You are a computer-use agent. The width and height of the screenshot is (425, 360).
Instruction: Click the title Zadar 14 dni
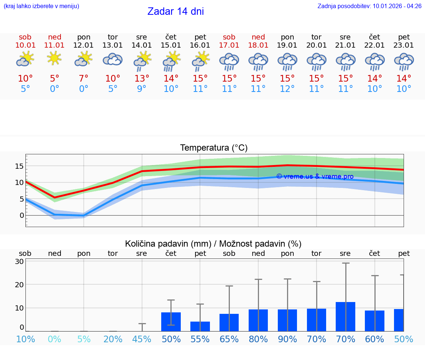[176, 11]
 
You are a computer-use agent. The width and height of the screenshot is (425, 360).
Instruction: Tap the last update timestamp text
[369, 6]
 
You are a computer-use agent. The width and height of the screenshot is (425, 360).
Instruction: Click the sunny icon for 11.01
[54, 58]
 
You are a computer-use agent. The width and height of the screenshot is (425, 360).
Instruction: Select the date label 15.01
[171, 45]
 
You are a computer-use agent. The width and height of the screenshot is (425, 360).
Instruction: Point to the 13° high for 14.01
[142, 79]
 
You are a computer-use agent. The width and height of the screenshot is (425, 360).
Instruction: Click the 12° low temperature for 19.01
[287, 89]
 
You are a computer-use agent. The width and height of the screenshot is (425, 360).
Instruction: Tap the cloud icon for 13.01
[113, 59]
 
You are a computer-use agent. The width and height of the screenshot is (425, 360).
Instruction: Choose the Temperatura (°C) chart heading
[214, 148]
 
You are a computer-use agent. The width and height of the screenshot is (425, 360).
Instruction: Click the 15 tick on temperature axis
[19, 166]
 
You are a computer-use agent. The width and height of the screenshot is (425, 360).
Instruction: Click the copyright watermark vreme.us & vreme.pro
[315, 176]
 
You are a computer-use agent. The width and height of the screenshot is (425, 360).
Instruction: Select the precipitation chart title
[213, 244]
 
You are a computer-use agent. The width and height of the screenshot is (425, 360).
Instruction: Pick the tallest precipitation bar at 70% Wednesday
[346, 316]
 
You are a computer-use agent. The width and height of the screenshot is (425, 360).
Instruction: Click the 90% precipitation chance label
[287, 339]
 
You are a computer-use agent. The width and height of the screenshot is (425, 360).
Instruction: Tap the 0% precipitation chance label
[54, 339]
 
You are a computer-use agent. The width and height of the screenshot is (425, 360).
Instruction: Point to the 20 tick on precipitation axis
[19, 285]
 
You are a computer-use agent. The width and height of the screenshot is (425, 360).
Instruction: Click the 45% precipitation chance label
[142, 339]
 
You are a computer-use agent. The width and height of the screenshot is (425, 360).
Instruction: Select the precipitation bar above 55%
[200, 326]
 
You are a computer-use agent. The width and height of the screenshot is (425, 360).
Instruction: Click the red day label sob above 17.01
[229, 37]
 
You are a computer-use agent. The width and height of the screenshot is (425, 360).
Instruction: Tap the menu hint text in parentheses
[41, 6]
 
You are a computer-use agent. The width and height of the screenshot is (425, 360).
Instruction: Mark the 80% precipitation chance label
[258, 339]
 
